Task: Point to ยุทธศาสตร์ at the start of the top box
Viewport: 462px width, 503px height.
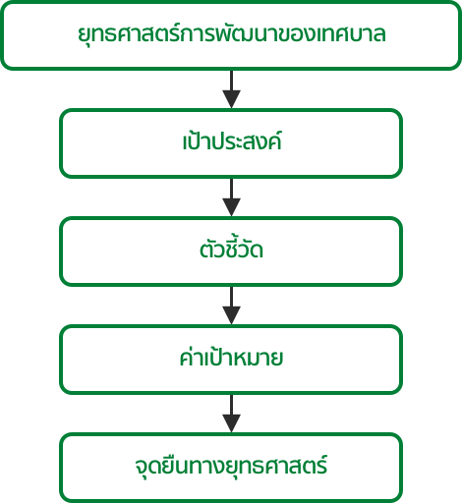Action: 129,33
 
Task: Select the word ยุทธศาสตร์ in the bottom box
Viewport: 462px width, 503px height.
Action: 276,465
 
